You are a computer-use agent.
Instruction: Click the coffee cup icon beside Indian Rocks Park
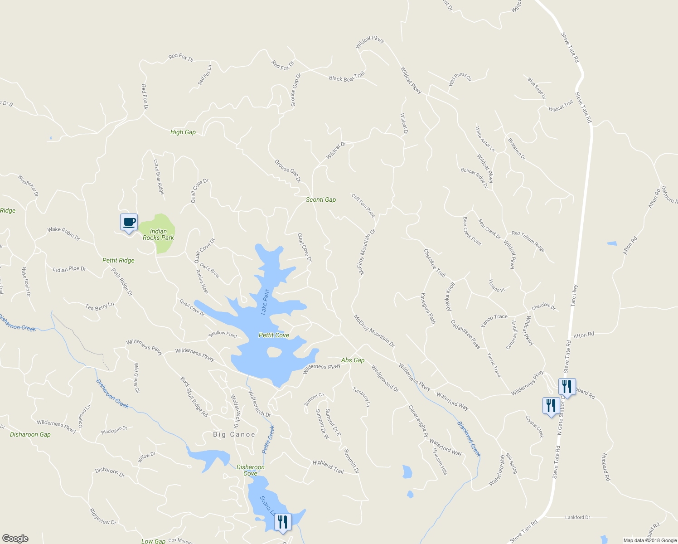click(x=129, y=222)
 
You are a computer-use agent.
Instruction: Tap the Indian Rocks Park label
click(x=158, y=234)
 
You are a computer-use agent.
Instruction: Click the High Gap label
click(x=183, y=132)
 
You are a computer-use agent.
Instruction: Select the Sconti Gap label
click(x=321, y=199)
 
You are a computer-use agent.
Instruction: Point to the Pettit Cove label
click(x=274, y=335)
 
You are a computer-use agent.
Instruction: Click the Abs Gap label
click(x=353, y=360)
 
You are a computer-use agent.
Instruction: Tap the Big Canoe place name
click(x=234, y=434)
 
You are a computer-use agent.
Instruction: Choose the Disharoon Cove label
click(x=250, y=470)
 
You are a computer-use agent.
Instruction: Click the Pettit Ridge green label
click(x=118, y=260)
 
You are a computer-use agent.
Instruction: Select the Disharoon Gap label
click(x=30, y=434)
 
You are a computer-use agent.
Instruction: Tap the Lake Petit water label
click(x=265, y=302)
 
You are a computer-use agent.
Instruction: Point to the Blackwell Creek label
click(x=469, y=439)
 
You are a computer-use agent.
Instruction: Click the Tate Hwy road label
click(x=574, y=295)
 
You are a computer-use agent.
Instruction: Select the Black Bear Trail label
click(x=347, y=77)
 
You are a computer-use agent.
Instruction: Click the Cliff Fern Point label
click(x=363, y=205)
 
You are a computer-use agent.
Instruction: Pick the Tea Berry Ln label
click(x=100, y=307)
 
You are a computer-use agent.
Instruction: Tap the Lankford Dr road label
click(x=577, y=517)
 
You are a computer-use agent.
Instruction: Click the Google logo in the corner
click(x=15, y=539)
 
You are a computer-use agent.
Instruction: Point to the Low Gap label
click(x=153, y=541)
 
